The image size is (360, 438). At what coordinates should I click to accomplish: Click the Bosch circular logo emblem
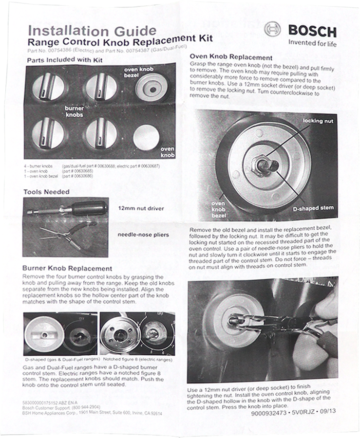point(272,29)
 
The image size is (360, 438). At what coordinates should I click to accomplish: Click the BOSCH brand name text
point(312,31)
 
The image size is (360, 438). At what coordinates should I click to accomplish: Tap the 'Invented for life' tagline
point(312,43)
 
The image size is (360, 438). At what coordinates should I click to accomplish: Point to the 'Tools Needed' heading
point(46,192)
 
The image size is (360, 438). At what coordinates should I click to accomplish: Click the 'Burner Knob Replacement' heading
point(67,268)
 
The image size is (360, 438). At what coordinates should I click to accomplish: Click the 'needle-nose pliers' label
point(143,235)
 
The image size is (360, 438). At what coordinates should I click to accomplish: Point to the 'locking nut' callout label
point(318,120)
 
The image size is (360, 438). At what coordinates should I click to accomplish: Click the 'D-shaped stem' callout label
point(316,207)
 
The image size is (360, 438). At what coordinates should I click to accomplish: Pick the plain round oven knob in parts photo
point(147,137)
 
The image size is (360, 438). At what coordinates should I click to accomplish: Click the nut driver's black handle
point(88,208)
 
